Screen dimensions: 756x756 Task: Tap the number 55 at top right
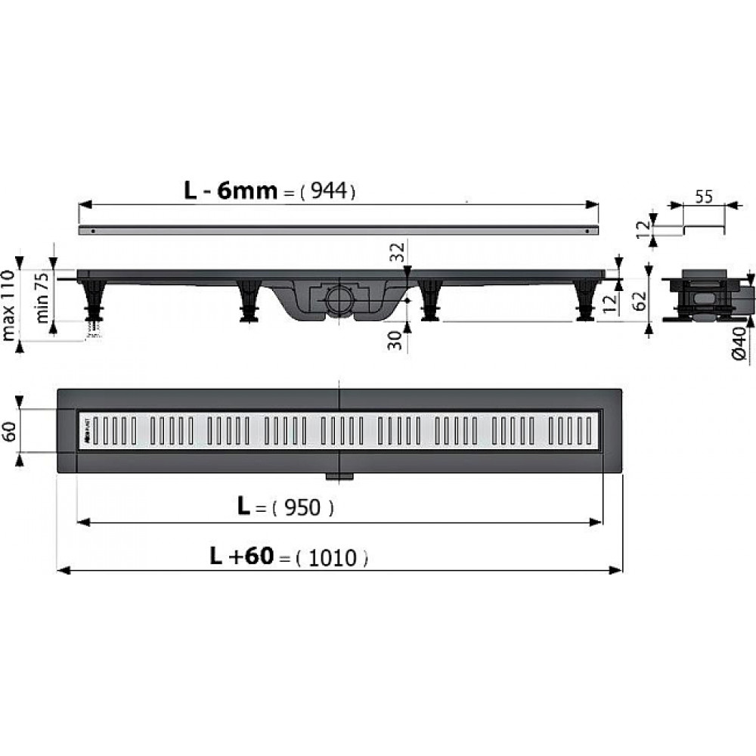[704, 198]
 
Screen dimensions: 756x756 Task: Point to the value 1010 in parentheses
[333, 559]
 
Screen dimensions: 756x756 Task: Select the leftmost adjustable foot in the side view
[94, 299]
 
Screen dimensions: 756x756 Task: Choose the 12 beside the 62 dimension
[609, 303]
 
